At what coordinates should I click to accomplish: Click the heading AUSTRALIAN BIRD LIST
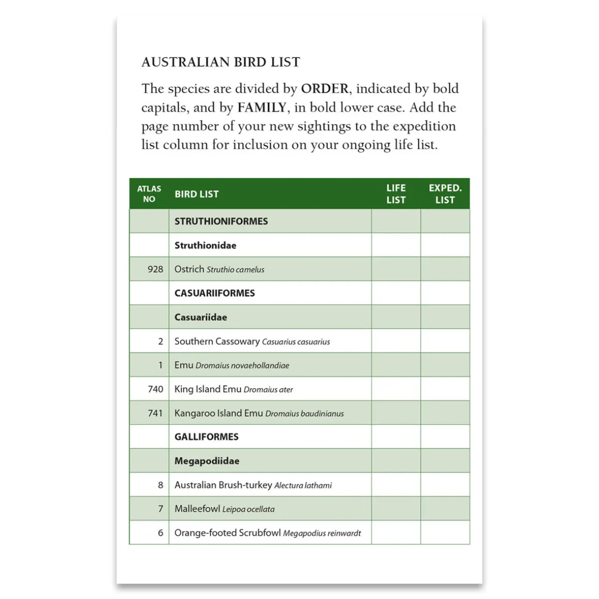(220, 62)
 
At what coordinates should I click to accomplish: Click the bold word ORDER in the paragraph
(324, 89)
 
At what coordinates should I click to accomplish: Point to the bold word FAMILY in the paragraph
(262, 107)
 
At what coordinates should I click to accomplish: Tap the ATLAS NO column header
(149, 194)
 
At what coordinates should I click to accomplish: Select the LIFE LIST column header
(396, 194)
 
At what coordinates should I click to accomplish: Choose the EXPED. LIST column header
(445, 194)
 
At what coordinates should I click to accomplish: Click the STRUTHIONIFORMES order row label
(221, 221)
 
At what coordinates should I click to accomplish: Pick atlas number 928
(155, 269)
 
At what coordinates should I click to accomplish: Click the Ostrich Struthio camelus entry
(219, 269)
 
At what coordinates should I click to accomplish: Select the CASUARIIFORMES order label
(214, 293)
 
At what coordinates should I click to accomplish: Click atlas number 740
(155, 389)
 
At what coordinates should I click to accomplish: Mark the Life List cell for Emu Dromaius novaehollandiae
(396, 365)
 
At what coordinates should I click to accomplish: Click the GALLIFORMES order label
(206, 437)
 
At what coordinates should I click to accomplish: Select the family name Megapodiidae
(207, 461)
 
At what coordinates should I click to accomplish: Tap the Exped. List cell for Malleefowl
(445, 509)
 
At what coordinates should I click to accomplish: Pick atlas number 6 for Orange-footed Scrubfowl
(160, 533)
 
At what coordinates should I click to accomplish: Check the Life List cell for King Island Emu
(396, 389)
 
